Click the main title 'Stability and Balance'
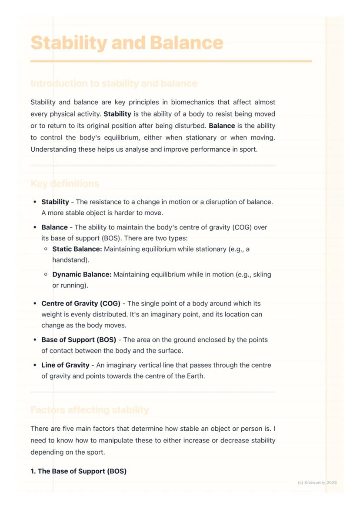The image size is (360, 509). (127, 43)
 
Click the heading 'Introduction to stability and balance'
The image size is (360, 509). (114, 83)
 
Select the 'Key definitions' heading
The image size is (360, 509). (65, 183)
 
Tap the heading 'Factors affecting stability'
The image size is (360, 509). (90, 410)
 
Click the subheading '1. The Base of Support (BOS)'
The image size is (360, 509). (78, 471)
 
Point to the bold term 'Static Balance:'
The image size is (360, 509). (77, 249)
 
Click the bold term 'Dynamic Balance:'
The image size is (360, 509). (82, 275)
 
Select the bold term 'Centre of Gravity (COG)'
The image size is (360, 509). (81, 303)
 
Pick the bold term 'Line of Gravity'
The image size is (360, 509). (65, 365)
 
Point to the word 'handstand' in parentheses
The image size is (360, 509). (69, 260)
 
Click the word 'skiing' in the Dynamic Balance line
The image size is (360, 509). (262, 275)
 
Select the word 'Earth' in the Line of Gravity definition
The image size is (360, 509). (194, 376)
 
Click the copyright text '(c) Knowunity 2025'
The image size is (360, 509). (317, 482)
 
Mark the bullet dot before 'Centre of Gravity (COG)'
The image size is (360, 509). (35, 303)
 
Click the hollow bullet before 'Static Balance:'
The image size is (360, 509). (46, 250)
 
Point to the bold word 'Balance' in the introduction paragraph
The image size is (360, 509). (222, 126)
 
